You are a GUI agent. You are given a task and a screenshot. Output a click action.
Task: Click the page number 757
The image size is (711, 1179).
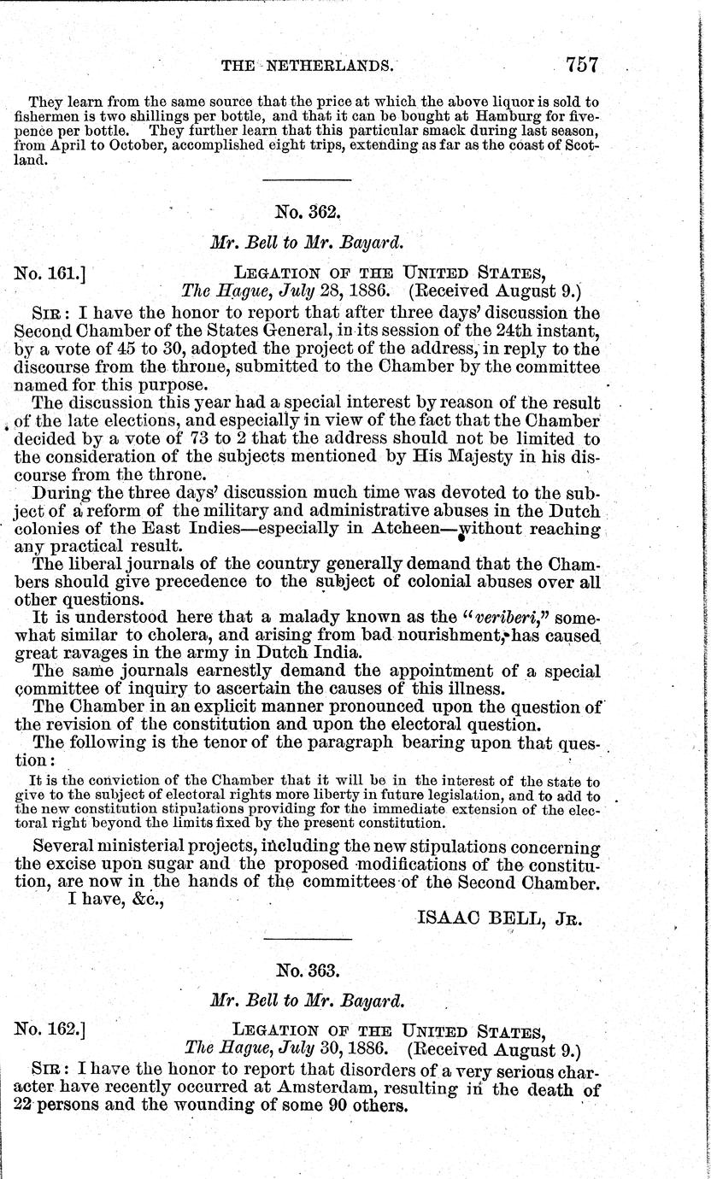pyautogui.click(x=582, y=65)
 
